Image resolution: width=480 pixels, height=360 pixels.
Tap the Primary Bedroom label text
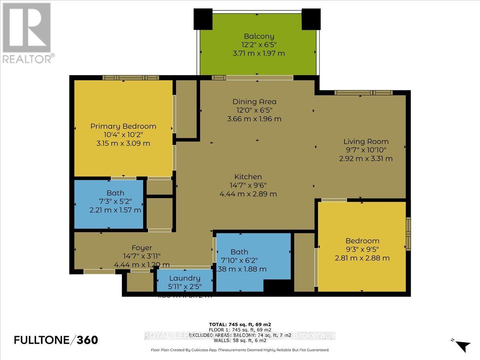coord(123,126)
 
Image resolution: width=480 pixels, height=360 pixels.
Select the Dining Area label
coord(254,102)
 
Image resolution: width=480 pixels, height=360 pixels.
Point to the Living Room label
coord(366,141)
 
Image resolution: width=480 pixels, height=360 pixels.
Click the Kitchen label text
coord(248,177)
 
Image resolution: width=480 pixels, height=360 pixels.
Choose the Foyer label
coord(142,248)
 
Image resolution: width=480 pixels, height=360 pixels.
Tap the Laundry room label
coord(184,278)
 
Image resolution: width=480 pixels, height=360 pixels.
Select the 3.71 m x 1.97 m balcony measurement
coord(259,53)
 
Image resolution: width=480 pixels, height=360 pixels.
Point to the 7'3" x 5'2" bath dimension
coord(115,201)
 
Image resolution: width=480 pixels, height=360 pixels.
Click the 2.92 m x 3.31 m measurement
coord(366,158)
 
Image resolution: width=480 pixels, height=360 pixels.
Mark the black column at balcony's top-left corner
coord(203,19)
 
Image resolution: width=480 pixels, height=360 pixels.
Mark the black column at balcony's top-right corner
coord(311,19)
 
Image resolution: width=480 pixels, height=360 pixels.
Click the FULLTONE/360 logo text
coord(56,340)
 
